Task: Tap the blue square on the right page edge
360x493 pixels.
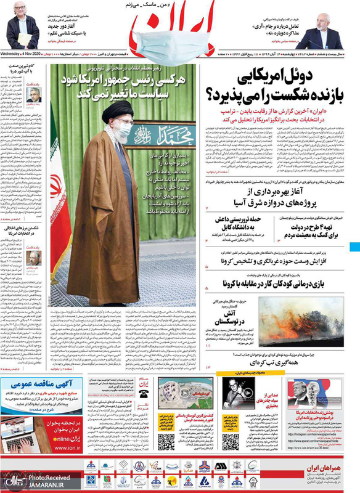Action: [x=354, y=248]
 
